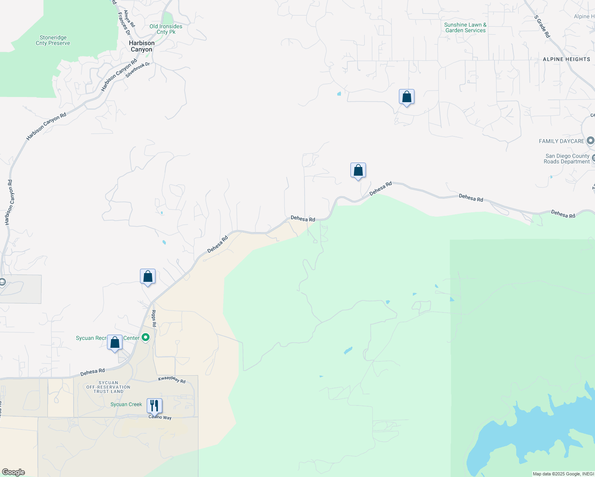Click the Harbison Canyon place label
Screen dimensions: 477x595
(x=142, y=46)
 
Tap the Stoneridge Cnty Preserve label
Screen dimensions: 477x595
(x=53, y=41)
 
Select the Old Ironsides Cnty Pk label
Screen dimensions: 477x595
(x=166, y=29)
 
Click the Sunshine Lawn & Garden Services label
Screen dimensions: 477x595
(x=465, y=27)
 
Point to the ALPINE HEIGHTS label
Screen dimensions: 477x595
(x=566, y=59)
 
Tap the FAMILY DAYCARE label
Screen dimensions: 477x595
(x=561, y=141)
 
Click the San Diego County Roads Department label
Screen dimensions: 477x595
(x=567, y=159)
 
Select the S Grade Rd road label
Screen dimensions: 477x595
(x=542, y=27)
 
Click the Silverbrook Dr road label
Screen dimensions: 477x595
(x=137, y=70)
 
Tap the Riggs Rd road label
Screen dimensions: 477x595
(x=154, y=318)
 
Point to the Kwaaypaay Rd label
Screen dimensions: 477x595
(x=172, y=380)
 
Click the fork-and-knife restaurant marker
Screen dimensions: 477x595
(x=154, y=406)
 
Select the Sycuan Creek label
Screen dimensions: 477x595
(x=126, y=404)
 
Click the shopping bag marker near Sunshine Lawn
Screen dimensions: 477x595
(x=406, y=97)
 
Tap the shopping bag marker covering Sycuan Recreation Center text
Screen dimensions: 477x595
(x=115, y=342)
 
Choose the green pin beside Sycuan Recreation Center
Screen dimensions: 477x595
(x=146, y=337)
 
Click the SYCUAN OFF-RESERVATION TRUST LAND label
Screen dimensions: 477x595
(x=108, y=387)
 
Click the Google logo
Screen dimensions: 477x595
(x=13, y=472)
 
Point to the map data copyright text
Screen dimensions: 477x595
(x=563, y=474)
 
